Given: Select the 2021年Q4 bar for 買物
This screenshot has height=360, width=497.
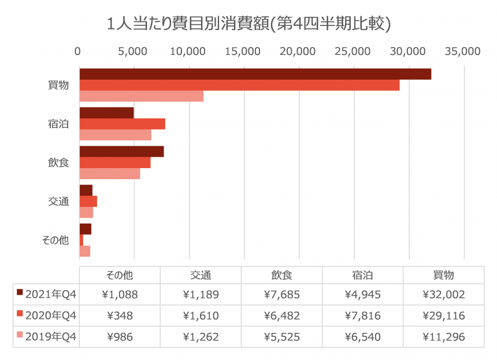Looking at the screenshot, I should point(255,74).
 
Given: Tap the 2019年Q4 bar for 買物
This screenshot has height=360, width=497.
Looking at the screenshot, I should point(141,97).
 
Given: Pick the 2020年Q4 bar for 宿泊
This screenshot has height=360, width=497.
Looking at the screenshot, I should point(122,124).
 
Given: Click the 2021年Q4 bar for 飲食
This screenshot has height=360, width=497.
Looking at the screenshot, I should point(121,151).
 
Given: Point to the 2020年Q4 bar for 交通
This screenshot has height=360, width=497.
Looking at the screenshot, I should point(88,201).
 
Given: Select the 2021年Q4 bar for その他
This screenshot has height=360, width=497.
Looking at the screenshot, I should point(85,229).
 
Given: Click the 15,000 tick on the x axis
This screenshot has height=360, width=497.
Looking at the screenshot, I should point(244,51).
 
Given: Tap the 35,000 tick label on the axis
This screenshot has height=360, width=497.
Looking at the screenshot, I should point(463,51).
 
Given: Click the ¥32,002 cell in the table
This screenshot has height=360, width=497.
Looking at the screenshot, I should point(443,295).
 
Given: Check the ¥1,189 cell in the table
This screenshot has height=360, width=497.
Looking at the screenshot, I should point(201,295).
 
